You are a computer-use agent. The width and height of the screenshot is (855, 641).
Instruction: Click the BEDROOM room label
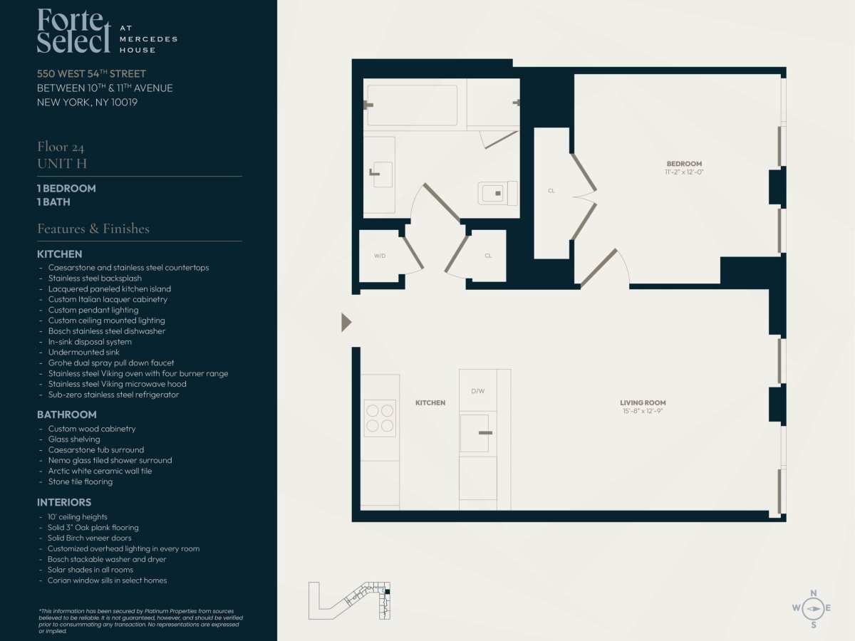click(x=684, y=164)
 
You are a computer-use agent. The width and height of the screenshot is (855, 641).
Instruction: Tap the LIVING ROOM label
click(x=643, y=403)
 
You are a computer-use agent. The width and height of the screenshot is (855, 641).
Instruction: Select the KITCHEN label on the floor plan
click(x=430, y=403)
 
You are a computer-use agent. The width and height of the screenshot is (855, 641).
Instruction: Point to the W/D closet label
click(x=380, y=256)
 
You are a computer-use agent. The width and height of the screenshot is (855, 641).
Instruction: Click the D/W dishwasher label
click(x=478, y=391)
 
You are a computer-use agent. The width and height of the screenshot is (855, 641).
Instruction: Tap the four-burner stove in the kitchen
click(x=380, y=418)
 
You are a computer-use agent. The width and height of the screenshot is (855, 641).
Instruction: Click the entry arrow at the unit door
click(x=346, y=322)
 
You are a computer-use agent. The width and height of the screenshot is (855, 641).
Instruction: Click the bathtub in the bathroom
click(x=412, y=105)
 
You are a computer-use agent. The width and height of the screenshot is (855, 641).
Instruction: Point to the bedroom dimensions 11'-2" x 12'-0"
click(x=684, y=172)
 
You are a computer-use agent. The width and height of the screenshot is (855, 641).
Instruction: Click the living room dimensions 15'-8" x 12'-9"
click(x=643, y=411)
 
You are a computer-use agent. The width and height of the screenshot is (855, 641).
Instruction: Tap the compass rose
click(x=813, y=609)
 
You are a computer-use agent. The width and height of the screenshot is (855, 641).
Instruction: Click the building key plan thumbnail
click(x=349, y=600)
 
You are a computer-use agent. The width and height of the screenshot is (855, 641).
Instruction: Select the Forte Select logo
click(x=107, y=31)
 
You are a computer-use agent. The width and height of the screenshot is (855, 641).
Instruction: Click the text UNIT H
click(x=62, y=164)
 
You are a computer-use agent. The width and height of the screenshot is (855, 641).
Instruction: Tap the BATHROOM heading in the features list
click(x=66, y=415)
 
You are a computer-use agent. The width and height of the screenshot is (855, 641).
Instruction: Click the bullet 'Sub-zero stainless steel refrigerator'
click(x=114, y=395)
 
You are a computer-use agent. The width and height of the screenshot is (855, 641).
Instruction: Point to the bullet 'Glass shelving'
click(x=74, y=439)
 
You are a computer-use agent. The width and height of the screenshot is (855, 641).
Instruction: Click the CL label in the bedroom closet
click(x=551, y=191)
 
